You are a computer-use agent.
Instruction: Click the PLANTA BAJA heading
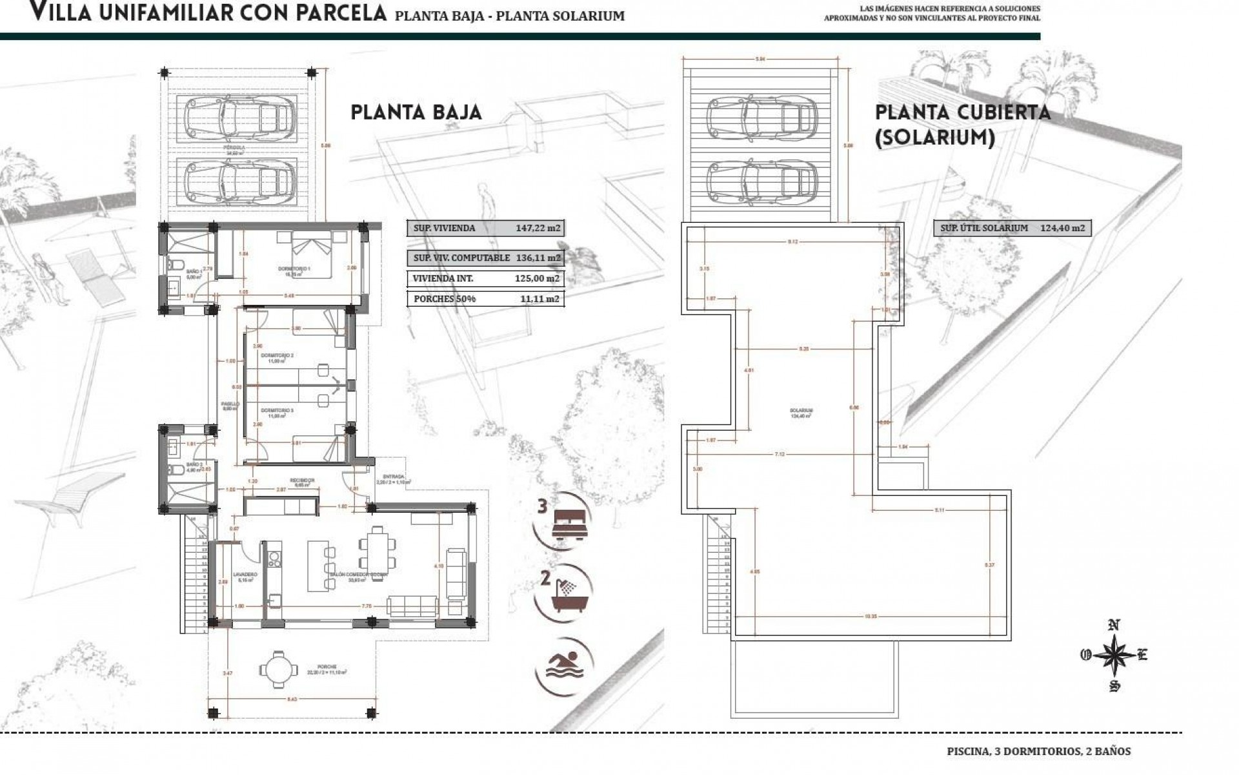point(416,112)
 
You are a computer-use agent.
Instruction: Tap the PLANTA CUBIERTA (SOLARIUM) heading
point(962,125)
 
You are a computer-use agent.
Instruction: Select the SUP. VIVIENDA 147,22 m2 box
point(484,228)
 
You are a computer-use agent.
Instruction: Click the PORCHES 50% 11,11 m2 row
point(484,298)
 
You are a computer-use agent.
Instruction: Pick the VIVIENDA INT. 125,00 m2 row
point(484,279)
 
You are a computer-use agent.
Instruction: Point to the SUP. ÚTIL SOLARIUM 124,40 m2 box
point(1011,228)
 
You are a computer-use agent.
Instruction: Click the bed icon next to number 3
point(569,521)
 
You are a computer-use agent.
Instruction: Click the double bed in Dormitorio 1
point(312,254)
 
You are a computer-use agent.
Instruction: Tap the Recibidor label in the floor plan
point(302,480)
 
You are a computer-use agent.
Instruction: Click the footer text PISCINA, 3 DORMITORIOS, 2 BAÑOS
point(1038,751)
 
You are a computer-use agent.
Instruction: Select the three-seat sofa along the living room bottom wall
point(414,606)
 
